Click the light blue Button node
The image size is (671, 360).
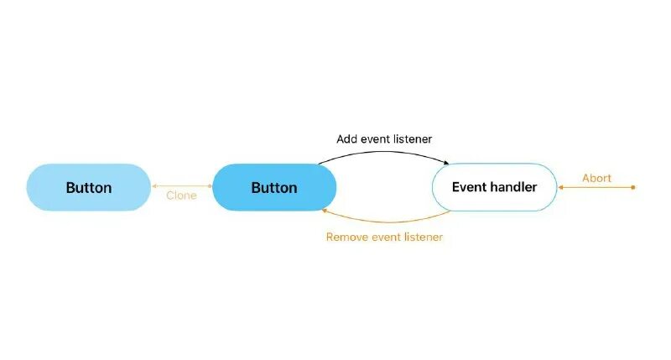click(88, 187)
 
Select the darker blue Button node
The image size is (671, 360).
click(274, 187)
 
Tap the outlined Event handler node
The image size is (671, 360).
click(494, 186)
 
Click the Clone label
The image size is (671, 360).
click(181, 196)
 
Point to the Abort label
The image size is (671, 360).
click(596, 178)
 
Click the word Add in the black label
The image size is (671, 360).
click(346, 138)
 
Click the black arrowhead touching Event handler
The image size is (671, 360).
click(447, 162)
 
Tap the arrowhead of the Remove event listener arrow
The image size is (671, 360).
click(325, 211)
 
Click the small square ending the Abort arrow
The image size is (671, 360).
click(633, 187)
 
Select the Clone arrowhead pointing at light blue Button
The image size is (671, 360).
click(154, 186)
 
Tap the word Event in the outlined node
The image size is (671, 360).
click(468, 186)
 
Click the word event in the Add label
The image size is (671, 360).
click(375, 138)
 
